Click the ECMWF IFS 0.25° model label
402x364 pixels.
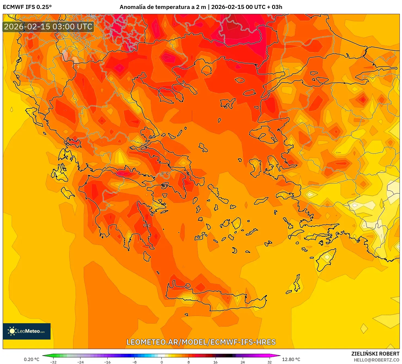[x=27, y=7]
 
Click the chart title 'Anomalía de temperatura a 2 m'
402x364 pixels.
[x=163, y=7]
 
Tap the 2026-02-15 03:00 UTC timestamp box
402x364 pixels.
[x=48, y=27]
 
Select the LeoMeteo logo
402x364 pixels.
[x=27, y=331]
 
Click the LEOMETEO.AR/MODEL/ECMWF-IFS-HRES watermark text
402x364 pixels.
[x=201, y=342]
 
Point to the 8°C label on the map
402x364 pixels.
[x=165, y=173]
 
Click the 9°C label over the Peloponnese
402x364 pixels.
[x=147, y=225]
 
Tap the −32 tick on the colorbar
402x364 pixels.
[x=53, y=362]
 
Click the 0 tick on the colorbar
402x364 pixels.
[x=162, y=362]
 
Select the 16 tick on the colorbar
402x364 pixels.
[x=216, y=362]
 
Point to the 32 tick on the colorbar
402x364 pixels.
[x=269, y=362]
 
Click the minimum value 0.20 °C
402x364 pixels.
[x=32, y=359]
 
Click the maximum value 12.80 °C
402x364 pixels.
[x=291, y=359]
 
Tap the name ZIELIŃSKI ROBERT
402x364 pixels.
[x=375, y=354]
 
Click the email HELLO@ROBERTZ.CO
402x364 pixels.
[x=376, y=360]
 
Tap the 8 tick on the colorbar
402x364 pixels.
[x=189, y=362]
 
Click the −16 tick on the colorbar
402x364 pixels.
[x=107, y=362]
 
